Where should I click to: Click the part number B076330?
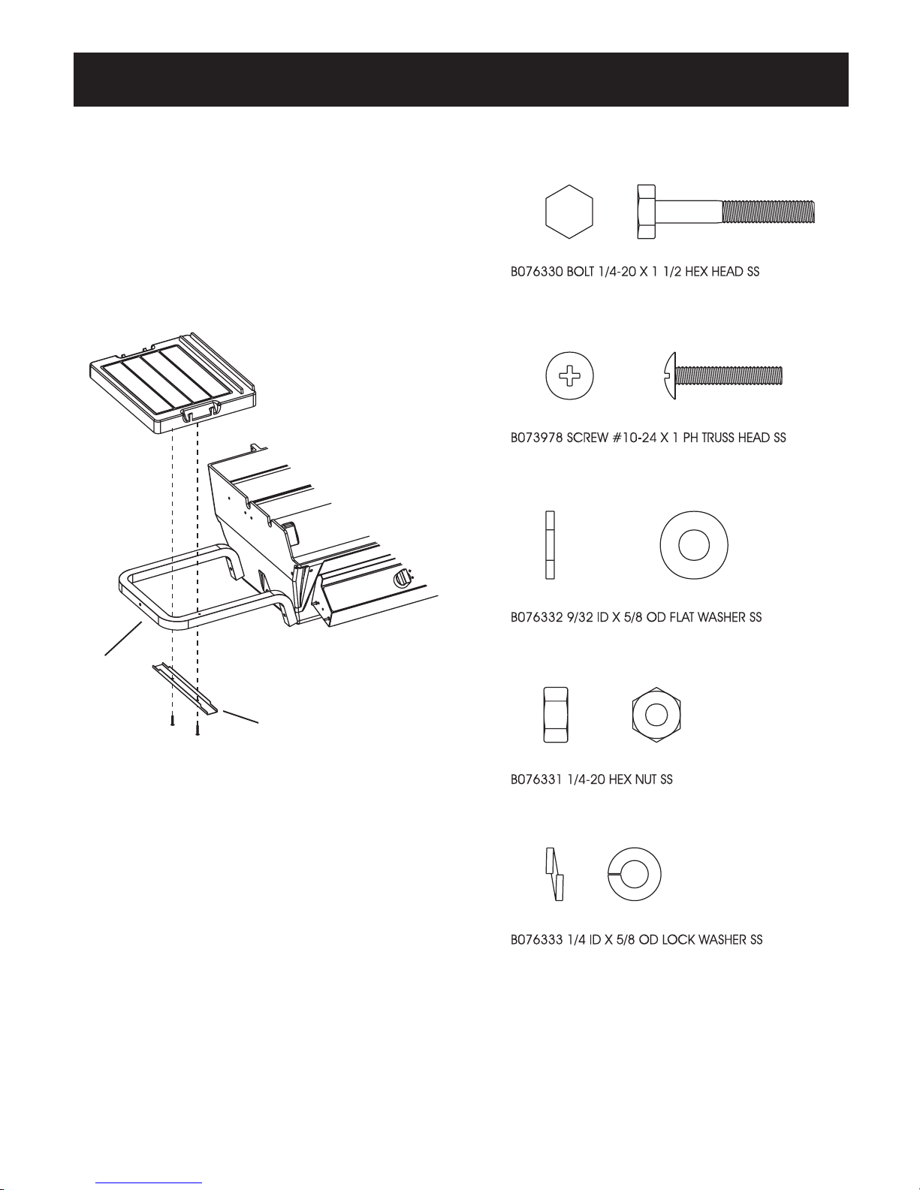(537, 273)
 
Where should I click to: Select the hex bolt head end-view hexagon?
(569, 212)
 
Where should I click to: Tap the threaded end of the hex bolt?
(768, 212)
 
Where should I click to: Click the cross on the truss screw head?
(569, 376)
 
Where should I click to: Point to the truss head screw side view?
(722, 375)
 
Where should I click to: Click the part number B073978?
(537, 438)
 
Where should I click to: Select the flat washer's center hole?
(694, 545)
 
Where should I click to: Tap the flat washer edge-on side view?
(550, 545)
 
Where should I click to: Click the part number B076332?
(537, 618)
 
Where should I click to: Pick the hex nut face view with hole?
(656, 715)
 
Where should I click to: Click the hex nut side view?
(555, 715)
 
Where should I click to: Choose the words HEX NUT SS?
(640, 780)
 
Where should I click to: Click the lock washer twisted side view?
(554, 875)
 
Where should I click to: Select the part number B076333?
(537, 940)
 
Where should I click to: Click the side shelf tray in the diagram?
(173, 384)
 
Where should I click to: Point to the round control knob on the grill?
(403, 579)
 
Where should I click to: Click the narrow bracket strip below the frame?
(185, 689)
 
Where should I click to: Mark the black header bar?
(460, 80)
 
